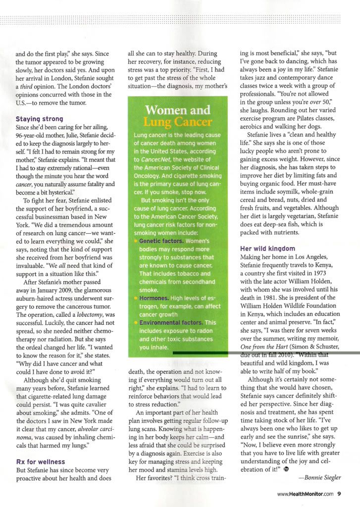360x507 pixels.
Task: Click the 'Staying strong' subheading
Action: [x=39, y=119]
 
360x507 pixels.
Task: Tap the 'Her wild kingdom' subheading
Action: [x=267, y=249]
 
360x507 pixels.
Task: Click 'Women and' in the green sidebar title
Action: [x=177, y=110]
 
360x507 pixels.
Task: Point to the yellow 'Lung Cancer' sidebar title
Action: [x=177, y=122]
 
